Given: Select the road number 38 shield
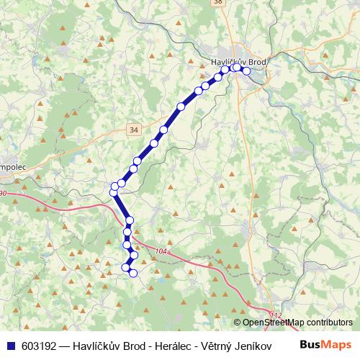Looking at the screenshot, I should [x=218, y=3].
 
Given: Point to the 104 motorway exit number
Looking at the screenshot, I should [x=160, y=250].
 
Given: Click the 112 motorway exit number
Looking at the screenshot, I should [x=276, y=315].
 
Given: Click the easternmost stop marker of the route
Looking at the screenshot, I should [x=246, y=71].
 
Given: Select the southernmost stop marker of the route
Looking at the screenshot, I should [x=132, y=272].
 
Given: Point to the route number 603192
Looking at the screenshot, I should [x=40, y=344].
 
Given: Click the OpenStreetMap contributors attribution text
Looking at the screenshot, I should [x=297, y=323].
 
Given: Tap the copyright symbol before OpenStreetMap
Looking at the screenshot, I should [x=237, y=323].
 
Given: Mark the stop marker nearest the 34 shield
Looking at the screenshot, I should [x=153, y=144].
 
